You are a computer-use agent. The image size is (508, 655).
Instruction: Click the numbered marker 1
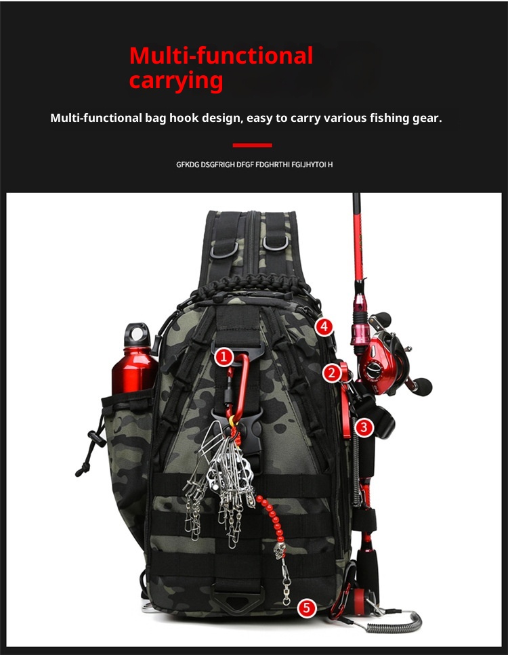tap(224, 357)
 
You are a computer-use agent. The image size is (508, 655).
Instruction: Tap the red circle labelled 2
tap(331, 372)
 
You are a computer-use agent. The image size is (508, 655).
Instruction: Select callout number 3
tap(364, 427)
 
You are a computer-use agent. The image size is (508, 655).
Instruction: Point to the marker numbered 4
tap(324, 326)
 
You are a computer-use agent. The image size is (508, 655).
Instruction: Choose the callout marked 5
tap(308, 608)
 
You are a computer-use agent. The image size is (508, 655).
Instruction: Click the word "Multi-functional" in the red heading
tap(221, 56)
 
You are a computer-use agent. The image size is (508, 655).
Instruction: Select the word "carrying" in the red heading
tap(175, 81)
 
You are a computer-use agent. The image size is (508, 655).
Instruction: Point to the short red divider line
tap(252, 145)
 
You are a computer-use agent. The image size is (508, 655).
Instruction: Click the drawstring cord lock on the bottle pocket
tap(93, 439)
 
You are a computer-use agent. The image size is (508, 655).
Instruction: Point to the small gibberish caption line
tap(254, 165)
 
